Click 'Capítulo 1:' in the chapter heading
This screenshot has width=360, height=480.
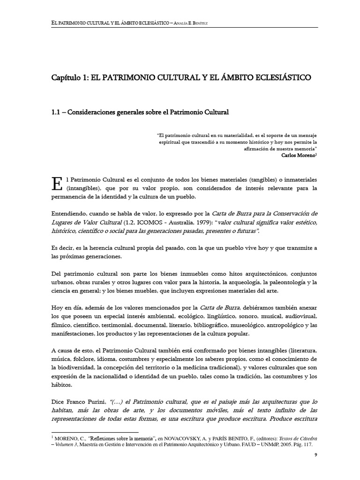[x=71, y=76]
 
